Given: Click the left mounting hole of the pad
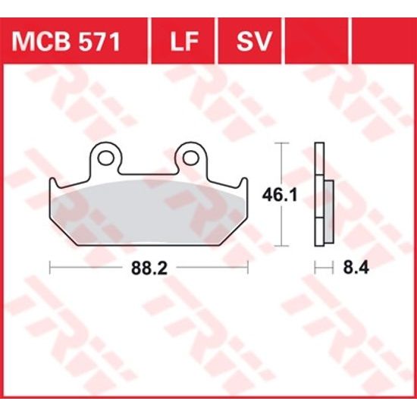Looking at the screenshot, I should point(108,158).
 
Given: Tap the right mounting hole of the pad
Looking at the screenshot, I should point(193,158).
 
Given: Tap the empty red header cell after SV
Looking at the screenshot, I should point(319,42).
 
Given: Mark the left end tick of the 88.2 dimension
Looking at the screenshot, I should point(50,267).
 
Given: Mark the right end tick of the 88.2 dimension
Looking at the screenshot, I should point(248,267).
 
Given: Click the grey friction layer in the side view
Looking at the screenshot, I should point(328,209).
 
